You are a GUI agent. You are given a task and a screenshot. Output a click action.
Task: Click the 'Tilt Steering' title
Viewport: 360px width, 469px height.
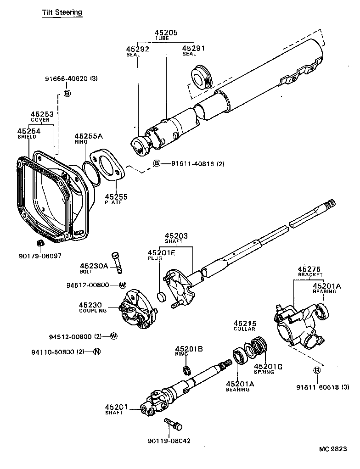coord(62,12)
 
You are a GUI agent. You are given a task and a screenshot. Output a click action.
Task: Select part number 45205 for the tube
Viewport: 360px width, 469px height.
coord(165,33)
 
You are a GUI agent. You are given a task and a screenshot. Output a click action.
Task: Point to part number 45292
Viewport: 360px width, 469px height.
coord(138,48)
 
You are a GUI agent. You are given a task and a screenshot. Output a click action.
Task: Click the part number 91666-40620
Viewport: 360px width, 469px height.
coord(66,78)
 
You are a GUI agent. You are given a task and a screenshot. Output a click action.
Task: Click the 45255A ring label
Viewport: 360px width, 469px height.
coord(89,136)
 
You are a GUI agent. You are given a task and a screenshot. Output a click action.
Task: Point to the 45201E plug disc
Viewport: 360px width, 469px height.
coord(161,296)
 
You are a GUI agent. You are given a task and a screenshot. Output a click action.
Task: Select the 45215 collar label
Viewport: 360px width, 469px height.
coord(245,323)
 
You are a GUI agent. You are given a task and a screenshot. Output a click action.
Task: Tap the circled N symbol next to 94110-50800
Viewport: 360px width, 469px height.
coord(96,352)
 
